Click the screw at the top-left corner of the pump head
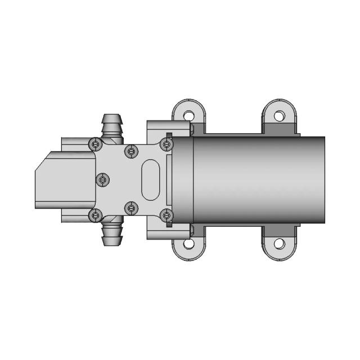coord(95,145)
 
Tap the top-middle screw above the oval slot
coord(131,151)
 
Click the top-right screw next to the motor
coord(166,145)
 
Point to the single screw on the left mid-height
coord(103,179)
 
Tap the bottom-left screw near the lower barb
coord(95,215)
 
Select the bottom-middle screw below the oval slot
coord(131,209)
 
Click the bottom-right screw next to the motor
coord(166,215)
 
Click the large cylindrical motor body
coord(259,179)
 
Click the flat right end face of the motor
coord(324,179)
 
